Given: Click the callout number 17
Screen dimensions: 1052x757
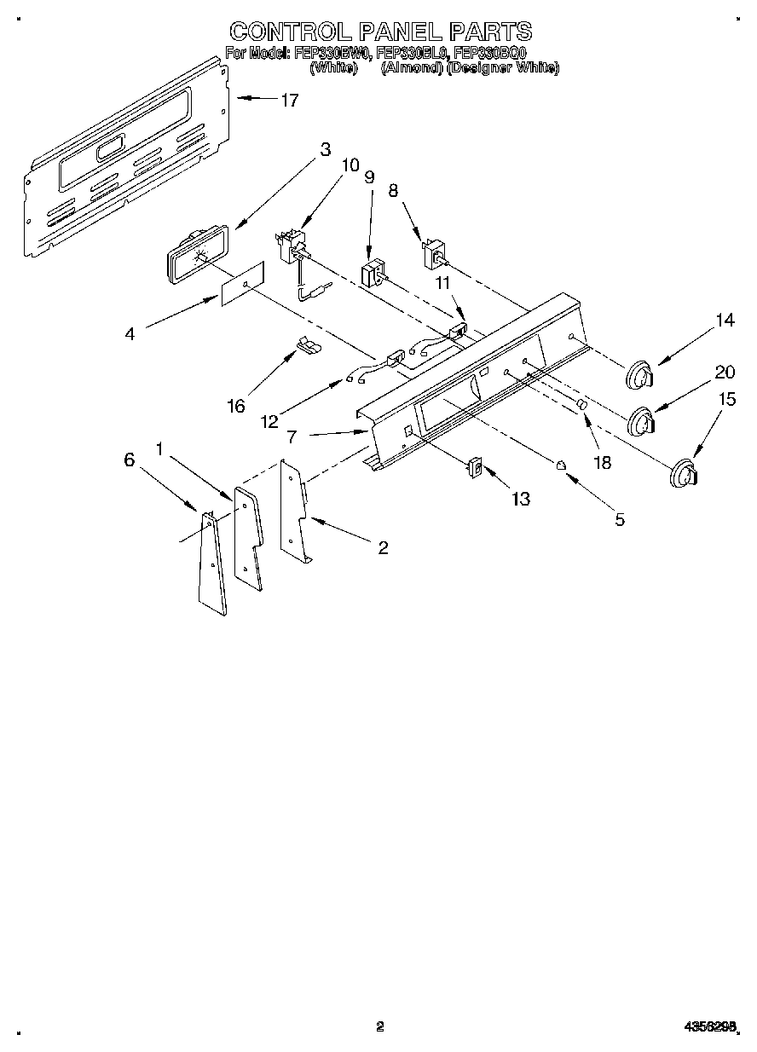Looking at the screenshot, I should pos(289,101).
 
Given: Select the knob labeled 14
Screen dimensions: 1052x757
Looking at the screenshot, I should pos(640,374).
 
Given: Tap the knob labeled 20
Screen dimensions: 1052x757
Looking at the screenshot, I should pos(642,421).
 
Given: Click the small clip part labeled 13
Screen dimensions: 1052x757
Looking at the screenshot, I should pos(475,468).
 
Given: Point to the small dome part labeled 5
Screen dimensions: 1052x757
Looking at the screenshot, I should pos(562,465).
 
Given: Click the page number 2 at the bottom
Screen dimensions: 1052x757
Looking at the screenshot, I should pos(380,1027).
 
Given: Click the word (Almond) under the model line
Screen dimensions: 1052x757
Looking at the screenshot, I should pos(410,67).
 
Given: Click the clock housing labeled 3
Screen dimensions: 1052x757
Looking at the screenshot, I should pos(195,251).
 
